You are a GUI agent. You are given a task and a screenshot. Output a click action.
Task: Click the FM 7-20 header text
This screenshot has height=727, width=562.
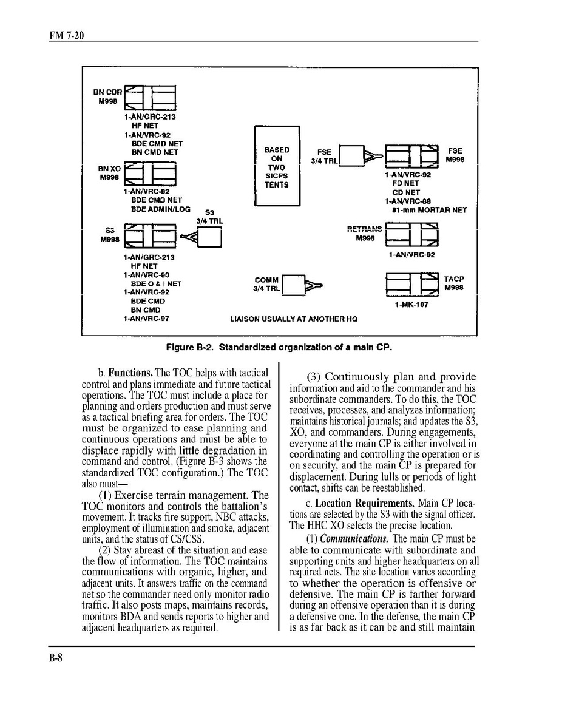[67, 36]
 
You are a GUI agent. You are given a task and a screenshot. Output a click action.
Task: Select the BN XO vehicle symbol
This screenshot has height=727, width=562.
[149, 174]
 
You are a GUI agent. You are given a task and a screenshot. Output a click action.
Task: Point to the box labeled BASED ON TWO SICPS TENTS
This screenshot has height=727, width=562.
[277, 167]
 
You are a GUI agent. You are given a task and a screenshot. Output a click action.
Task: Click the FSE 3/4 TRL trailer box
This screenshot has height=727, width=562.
[351, 156]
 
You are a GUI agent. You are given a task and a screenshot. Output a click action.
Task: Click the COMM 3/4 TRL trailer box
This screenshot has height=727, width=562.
[294, 285]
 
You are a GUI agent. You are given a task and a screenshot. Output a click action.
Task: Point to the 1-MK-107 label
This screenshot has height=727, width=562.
[411, 305]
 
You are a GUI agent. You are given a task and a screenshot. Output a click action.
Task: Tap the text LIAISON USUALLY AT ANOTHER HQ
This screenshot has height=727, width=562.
[294, 319]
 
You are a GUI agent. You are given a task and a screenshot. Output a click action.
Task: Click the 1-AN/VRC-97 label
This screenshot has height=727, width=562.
[145, 318]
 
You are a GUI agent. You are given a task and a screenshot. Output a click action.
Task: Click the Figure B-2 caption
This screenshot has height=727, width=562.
[280, 348]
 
